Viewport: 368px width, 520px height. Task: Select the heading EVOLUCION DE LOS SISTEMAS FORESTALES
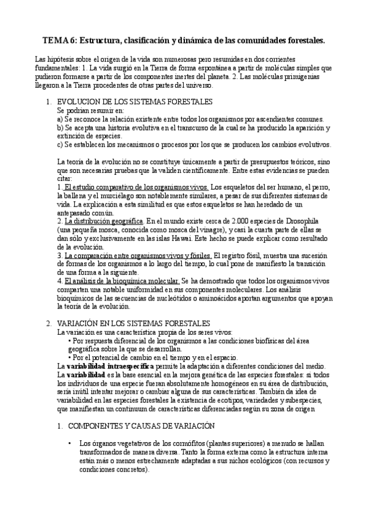(135, 101)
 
